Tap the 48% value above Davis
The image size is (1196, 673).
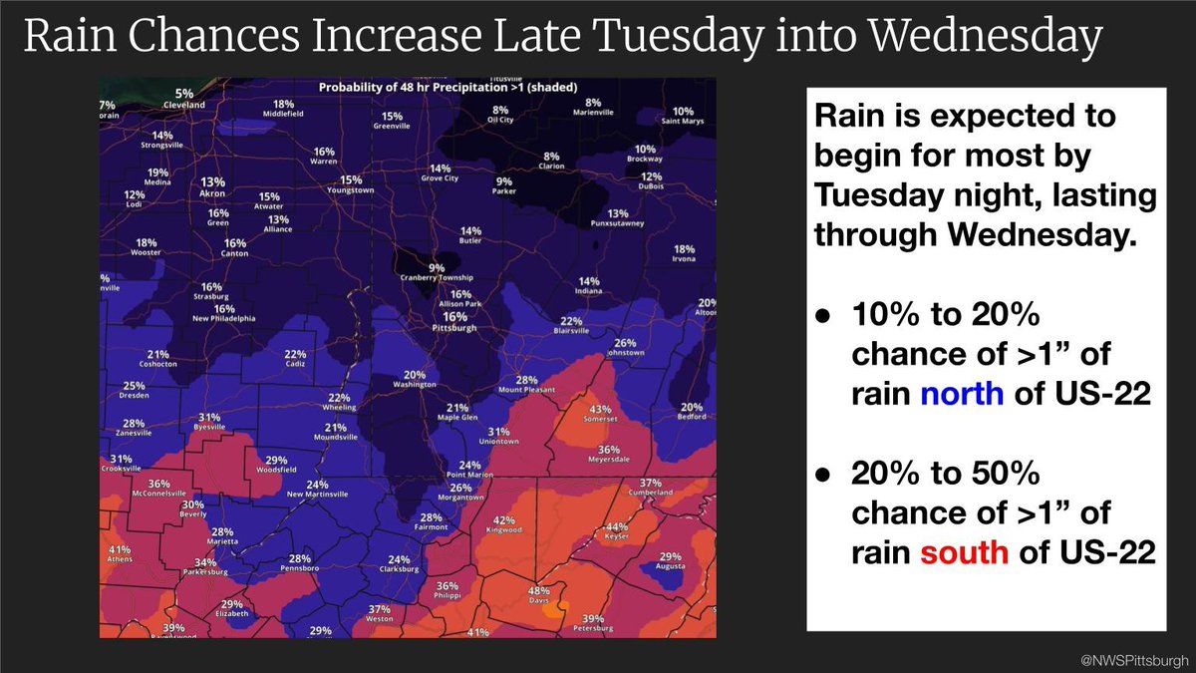538,589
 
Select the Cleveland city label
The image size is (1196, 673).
184,105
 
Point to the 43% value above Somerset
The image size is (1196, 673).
600,409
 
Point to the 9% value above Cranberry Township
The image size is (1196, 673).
437,267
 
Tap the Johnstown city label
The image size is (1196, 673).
625,353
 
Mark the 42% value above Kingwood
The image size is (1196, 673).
504,519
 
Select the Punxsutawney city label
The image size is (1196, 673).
619,224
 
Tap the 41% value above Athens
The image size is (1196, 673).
120,550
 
